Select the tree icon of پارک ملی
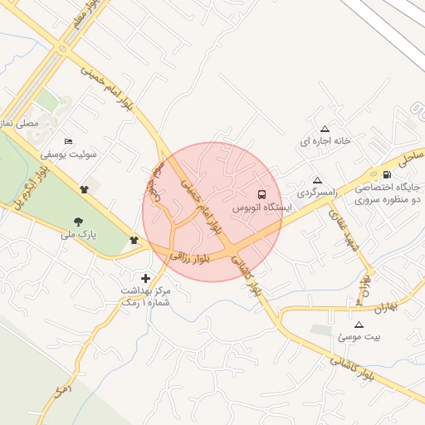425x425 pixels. pyautogui.click(x=78, y=221)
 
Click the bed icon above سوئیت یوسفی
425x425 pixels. pyautogui.click(x=68, y=140)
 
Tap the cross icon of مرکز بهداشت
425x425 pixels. pyautogui.click(x=146, y=278)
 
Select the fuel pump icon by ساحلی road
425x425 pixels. pyautogui.click(x=388, y=174)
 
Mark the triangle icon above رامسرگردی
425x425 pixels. pyautogui.click(x=316, y=180)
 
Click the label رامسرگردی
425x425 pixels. pyautogui.click(x=315, y=193)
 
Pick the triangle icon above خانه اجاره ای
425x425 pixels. pyautogui.click(x=325, y=129)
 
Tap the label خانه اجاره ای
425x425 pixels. pyautogui.click(x=325, y=141)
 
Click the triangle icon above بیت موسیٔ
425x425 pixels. pyautogui.click(x=359, y=325)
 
